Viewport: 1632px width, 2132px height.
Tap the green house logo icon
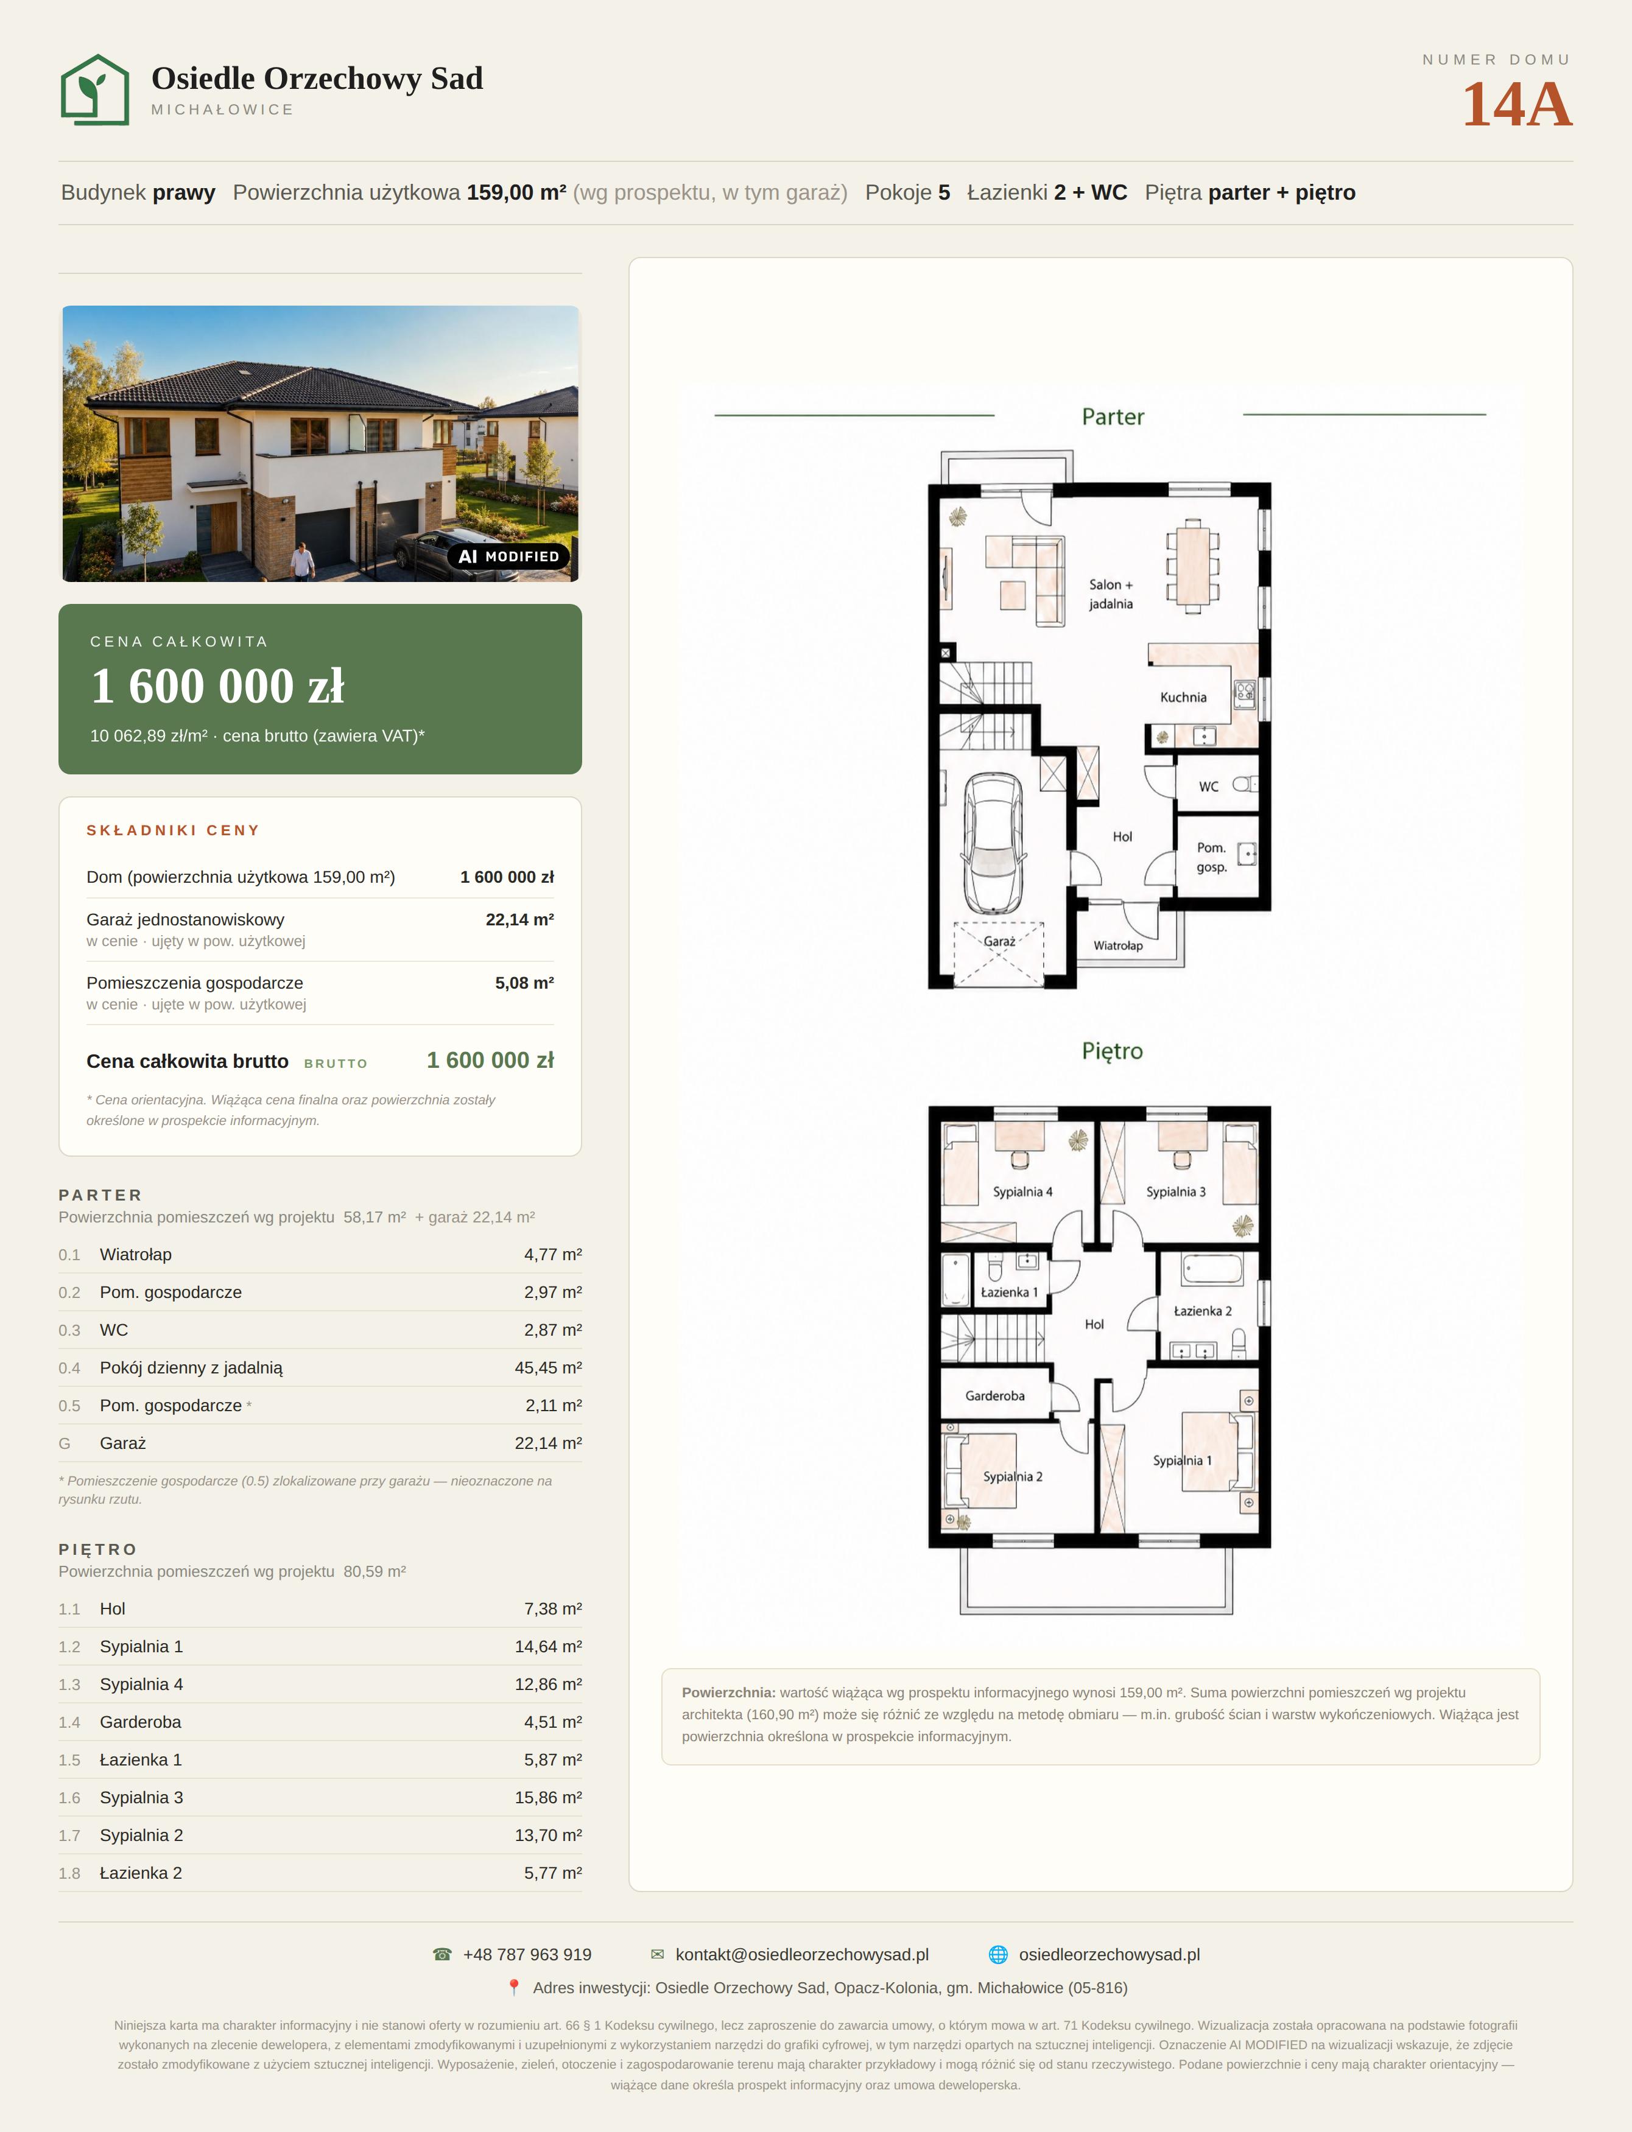[95, 89]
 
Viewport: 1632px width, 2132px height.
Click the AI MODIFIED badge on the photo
[508, 556]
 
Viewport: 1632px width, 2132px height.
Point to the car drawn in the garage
[993, 843]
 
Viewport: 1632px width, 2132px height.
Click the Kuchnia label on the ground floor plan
[1183, 698]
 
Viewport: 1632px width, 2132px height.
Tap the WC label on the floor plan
[1208, 787]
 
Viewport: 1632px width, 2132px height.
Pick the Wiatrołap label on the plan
[1118, 945]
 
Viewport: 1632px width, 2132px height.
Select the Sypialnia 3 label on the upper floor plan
[1175, 1192]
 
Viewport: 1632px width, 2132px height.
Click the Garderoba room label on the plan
[995, 1396]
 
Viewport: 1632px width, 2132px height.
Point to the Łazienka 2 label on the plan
[1203, 1311]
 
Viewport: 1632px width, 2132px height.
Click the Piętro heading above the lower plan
[1113, 1051]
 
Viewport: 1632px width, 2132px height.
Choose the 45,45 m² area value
[548, 1367]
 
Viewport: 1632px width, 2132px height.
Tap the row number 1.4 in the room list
[70, 1722]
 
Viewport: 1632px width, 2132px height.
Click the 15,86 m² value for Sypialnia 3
[548, 1798]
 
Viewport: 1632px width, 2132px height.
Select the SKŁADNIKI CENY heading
[173, 830]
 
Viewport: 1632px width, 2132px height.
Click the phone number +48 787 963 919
[527, 1954]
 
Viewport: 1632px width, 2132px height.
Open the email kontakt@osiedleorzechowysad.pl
[803, 1954]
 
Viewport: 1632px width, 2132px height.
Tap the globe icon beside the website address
[997, 1954]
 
